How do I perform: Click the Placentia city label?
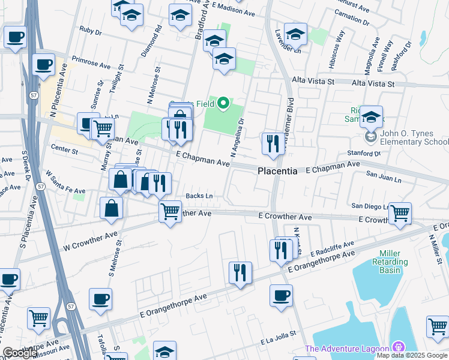(x=277, y=171)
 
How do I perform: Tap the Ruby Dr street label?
(x=91, y=29)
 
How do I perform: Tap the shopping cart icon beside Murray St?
(x=103, y=127)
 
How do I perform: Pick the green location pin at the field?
(x=223, y=104)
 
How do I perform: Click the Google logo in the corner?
(x=20, y=353)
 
